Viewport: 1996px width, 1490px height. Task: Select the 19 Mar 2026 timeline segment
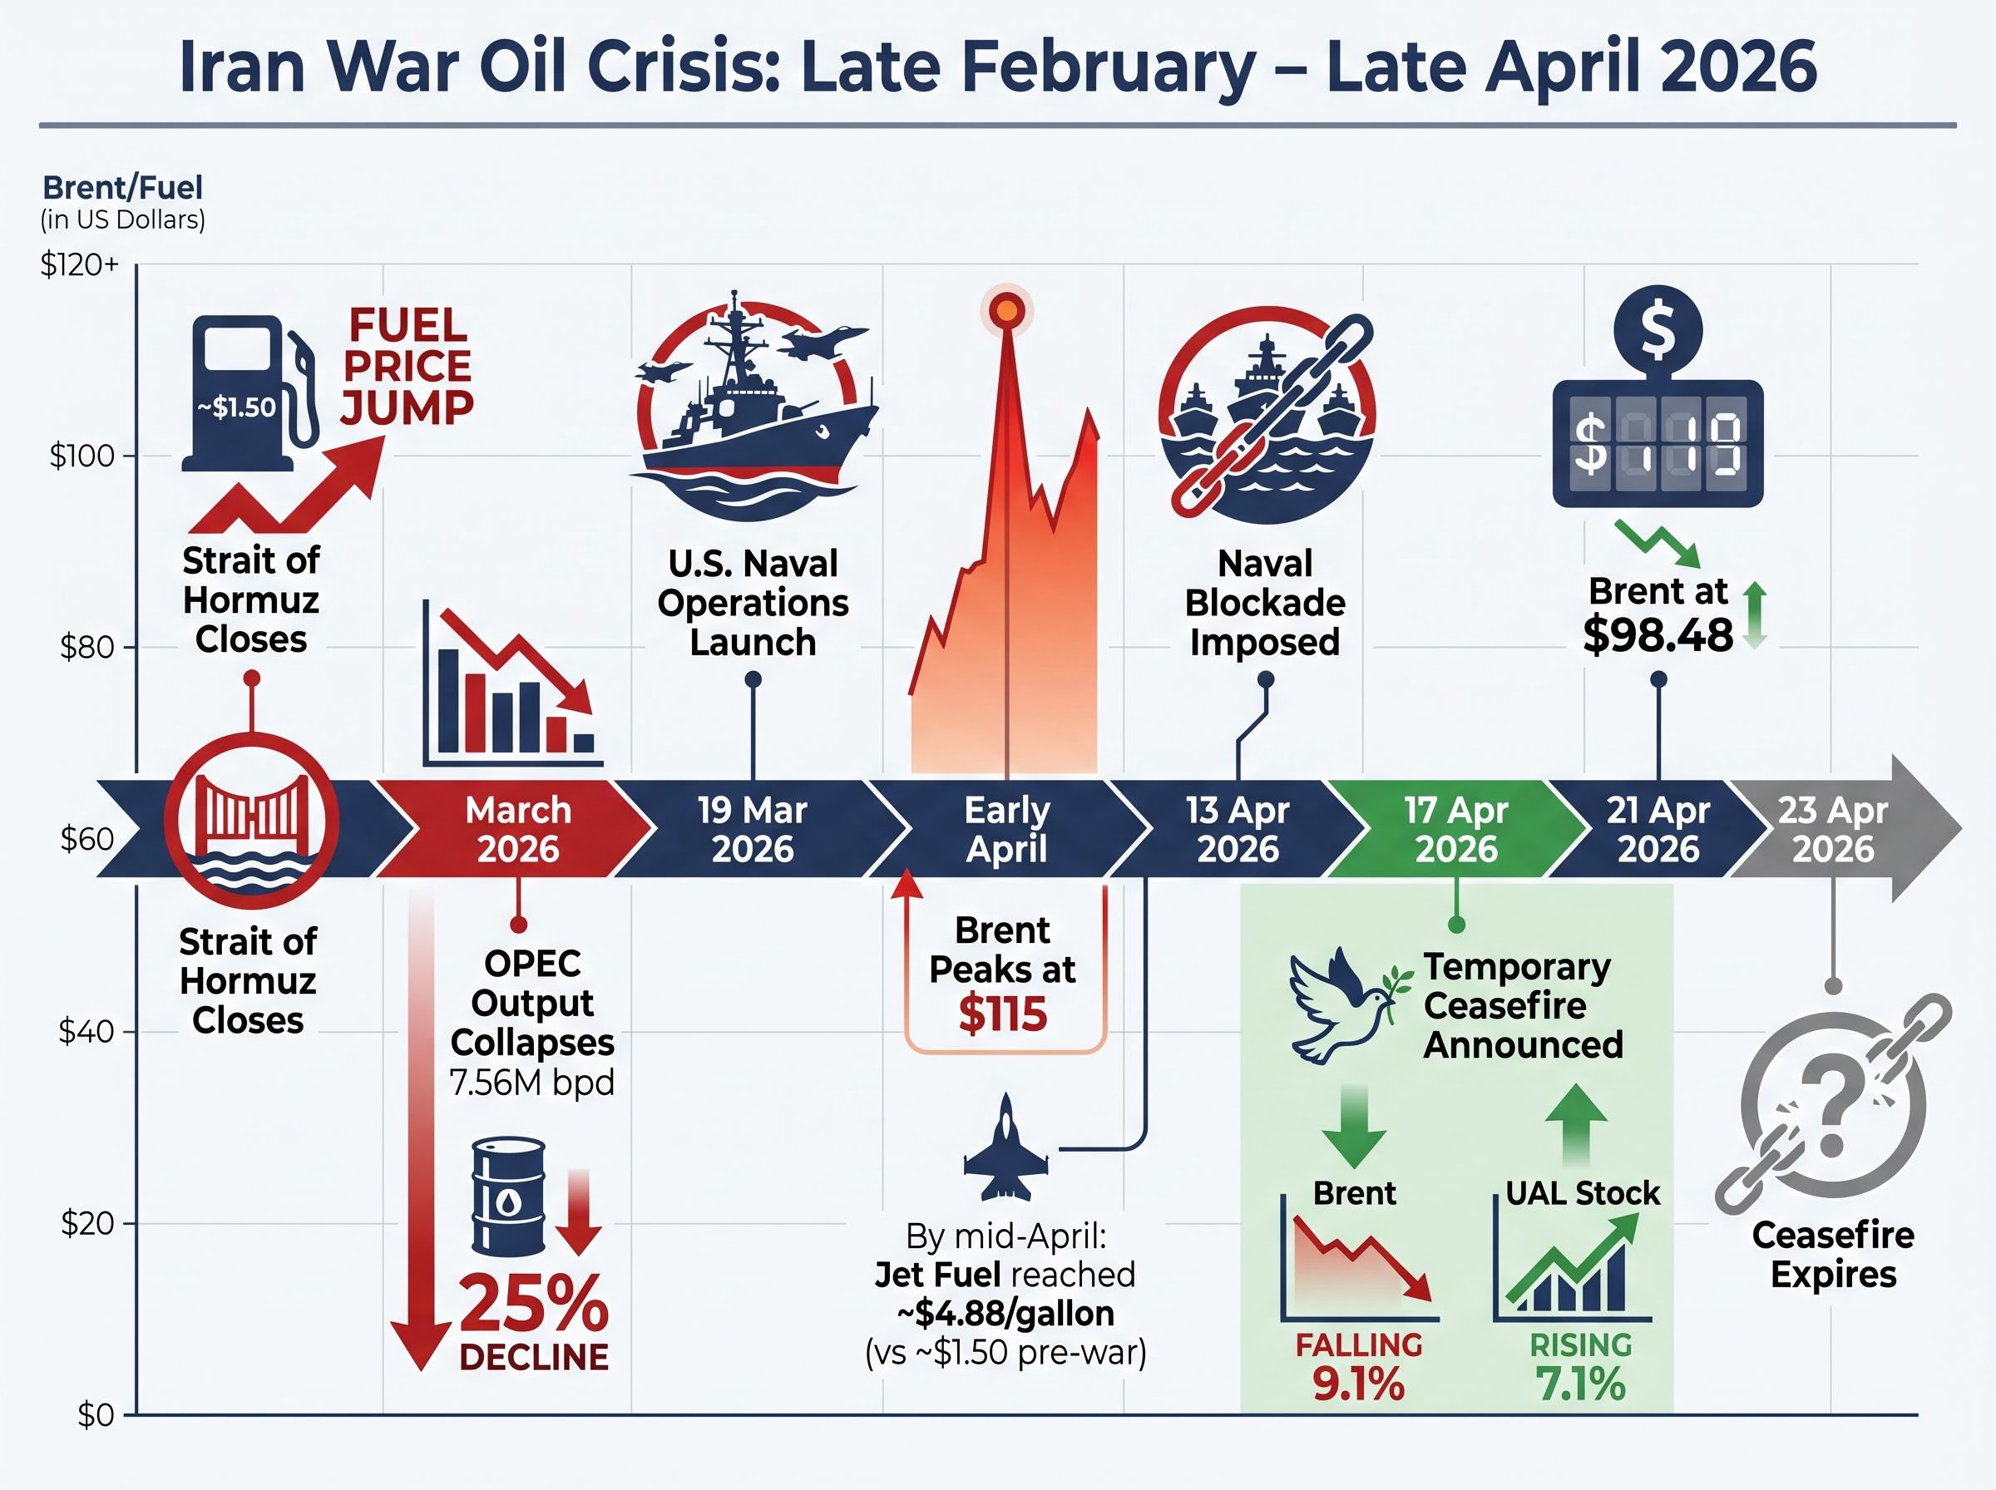pos(751,829)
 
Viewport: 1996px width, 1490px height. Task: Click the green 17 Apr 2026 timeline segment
pos(1455,829)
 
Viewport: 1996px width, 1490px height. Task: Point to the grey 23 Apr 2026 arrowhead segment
pos(1840,829)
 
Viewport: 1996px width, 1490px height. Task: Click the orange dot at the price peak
pos(1005,311)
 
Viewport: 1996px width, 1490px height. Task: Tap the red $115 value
pos(1002,1014)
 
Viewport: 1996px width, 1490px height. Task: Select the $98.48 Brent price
pos(1658,636)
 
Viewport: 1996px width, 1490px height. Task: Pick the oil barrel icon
pos(509,1195)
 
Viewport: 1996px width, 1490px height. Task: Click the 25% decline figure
pos(534,1305)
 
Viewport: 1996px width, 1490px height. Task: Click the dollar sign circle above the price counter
pos(1658,329)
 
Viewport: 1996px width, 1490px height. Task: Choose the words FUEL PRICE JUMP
pos(408,367)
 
